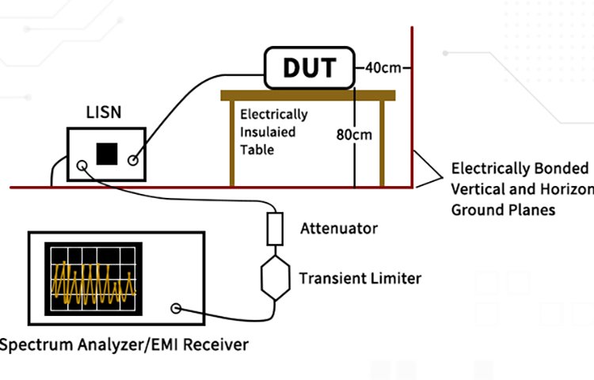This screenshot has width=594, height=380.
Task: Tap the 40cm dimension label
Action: [383, 67]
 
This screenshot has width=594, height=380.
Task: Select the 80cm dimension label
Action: [353, 134]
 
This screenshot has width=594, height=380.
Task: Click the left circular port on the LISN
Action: [82, 166]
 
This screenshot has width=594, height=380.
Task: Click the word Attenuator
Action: [339, 229]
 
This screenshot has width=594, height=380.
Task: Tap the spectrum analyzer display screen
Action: [93, 279]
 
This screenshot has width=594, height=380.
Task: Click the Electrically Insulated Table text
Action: [273, 131]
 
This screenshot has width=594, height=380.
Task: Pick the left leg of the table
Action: [231, 143]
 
